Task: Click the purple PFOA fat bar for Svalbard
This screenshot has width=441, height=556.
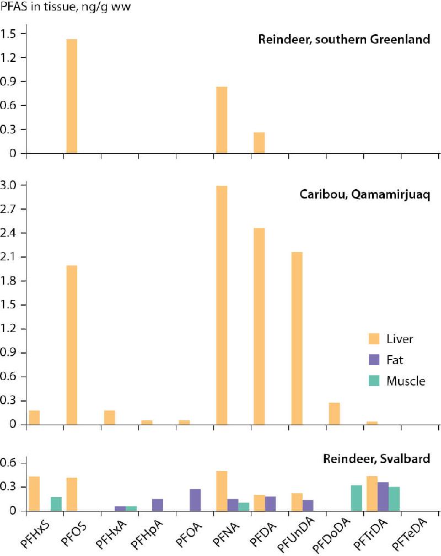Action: [x=195, y=500]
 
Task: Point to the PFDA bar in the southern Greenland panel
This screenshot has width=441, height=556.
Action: [x=259, y=143]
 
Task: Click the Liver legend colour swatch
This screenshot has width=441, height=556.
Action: [x=375, y=338]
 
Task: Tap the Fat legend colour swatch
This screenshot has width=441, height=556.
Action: [x=375, y=360]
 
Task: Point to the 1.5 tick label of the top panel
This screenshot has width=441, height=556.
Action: [x=12, y=34]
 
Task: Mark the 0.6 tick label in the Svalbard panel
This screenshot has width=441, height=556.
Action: [x=12, y=463]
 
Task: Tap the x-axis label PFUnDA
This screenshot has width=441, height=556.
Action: [x=297, y=535]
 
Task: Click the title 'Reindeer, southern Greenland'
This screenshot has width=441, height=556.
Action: [x=345, y=39]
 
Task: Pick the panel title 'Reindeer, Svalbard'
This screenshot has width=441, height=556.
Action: [x=377, y=459]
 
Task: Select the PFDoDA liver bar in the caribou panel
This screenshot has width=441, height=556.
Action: [x=334, y=414]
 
